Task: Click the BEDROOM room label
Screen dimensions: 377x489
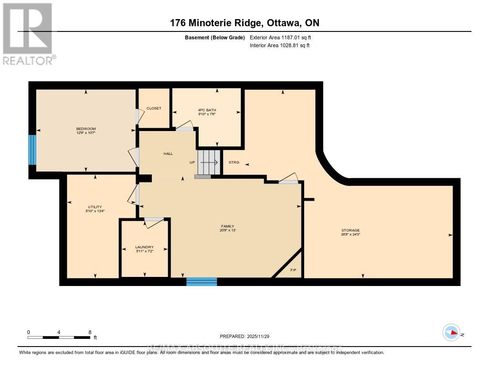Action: [86, 129]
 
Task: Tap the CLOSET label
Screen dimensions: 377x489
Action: [154, 108]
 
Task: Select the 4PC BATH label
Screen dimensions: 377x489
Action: [207, 111]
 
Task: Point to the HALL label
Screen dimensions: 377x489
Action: [168, 153]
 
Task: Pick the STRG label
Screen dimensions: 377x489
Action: [234, 163]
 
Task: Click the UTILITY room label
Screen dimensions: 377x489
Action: [95, 207]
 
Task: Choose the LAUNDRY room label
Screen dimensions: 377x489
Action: [144, 247]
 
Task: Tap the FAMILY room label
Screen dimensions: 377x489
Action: [227, 226]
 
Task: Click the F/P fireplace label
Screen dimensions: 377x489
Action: [294, 271]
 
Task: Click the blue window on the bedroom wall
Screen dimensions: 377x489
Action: [32, 150]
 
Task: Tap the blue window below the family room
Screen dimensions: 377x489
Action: [202, 281]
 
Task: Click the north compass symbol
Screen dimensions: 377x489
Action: [451, 333]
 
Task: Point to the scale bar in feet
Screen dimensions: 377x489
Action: [59, 337]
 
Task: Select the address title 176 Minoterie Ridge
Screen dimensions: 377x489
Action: [244, 23]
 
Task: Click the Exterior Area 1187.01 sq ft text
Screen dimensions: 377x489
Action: [280, 37]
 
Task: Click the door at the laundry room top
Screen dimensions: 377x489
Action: [154, 220]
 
